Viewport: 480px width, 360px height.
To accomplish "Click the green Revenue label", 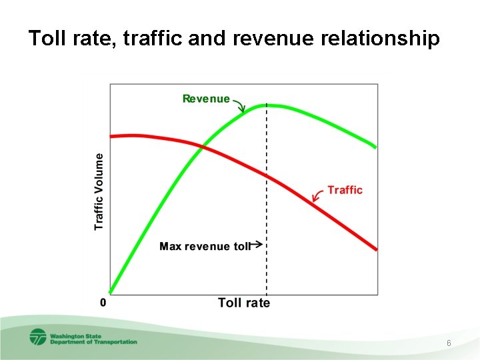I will tap(206, 99).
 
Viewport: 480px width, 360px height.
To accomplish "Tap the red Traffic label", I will tap(345, 190).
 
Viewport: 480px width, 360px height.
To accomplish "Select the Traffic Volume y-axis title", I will tap(99, 191).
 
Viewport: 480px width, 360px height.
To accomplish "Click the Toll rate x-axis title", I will tap(244, 303).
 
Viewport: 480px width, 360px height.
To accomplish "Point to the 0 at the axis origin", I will tap(103, 302).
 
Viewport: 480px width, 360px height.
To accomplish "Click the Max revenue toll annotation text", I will tap(204, 246).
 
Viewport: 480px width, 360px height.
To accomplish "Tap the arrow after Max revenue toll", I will tap(257, 245).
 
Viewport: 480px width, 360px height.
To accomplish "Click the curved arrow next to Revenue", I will tap(239, 105).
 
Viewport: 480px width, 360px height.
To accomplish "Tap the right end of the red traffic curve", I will tap(376, 249).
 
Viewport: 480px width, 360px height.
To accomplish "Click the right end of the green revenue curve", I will tap(375, 147).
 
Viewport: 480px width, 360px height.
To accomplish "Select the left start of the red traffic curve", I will tap(111, 136).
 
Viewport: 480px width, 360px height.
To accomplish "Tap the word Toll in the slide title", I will tap(45, 39).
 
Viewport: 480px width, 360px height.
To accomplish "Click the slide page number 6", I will tap(449, 343).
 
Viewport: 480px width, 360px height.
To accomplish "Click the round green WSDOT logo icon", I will tap(37, 337).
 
